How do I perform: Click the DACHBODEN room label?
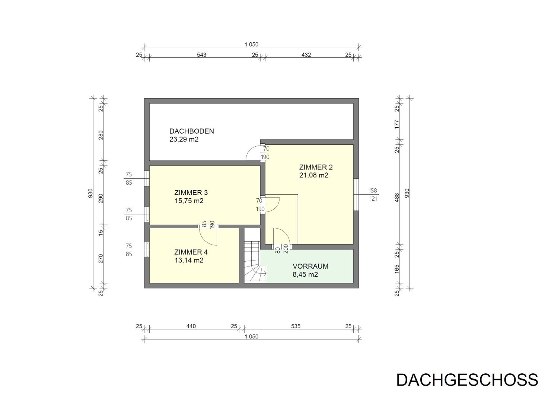[x=192, y=131]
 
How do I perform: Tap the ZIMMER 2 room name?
[x=316, y=167]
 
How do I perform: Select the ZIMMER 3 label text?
[x=191, y=192]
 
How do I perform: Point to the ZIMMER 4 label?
[x=191, y=252]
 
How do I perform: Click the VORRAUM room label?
[x=310, y=266]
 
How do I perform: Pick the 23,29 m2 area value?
[x=184, y=140]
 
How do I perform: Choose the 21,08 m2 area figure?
[x=313, y=175]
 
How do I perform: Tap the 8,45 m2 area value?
[x=305, y=275]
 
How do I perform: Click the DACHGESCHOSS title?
[x=467, y=380]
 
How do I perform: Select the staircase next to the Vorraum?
[x=255, y=260]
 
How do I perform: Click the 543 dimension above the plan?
[x=201, y=55]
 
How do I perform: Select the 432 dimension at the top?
[x=306, y=55]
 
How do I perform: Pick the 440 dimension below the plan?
[x=191, y=326]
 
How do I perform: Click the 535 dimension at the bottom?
[x=296, y=326]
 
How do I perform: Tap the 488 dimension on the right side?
[x=397, y=198]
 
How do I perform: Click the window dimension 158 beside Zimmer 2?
[x=373, y=190]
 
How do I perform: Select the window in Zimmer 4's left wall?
[x=147, y=250]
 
